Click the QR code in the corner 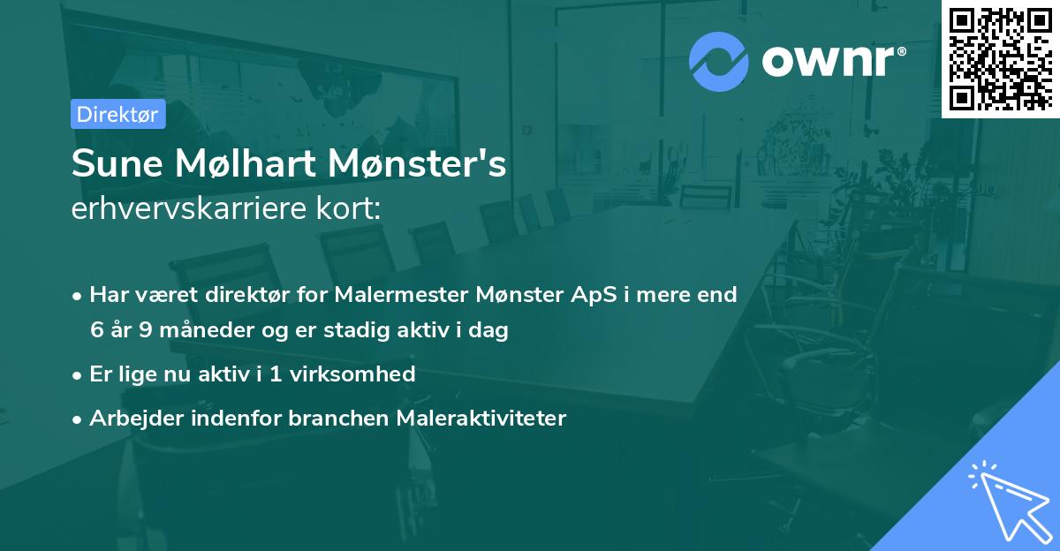(1001, 58)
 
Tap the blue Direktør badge (117, 114)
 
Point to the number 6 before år (96, 331)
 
